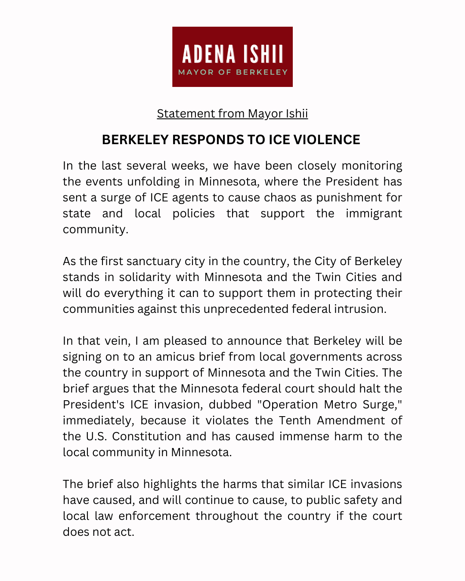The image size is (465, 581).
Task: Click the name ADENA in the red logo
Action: pos(209,55)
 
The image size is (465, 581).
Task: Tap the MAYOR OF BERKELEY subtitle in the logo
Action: pos(232,72)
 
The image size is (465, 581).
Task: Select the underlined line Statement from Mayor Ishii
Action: pos(232,114)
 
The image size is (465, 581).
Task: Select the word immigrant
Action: pos(374,213)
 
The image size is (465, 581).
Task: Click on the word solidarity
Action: pos(145,277)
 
